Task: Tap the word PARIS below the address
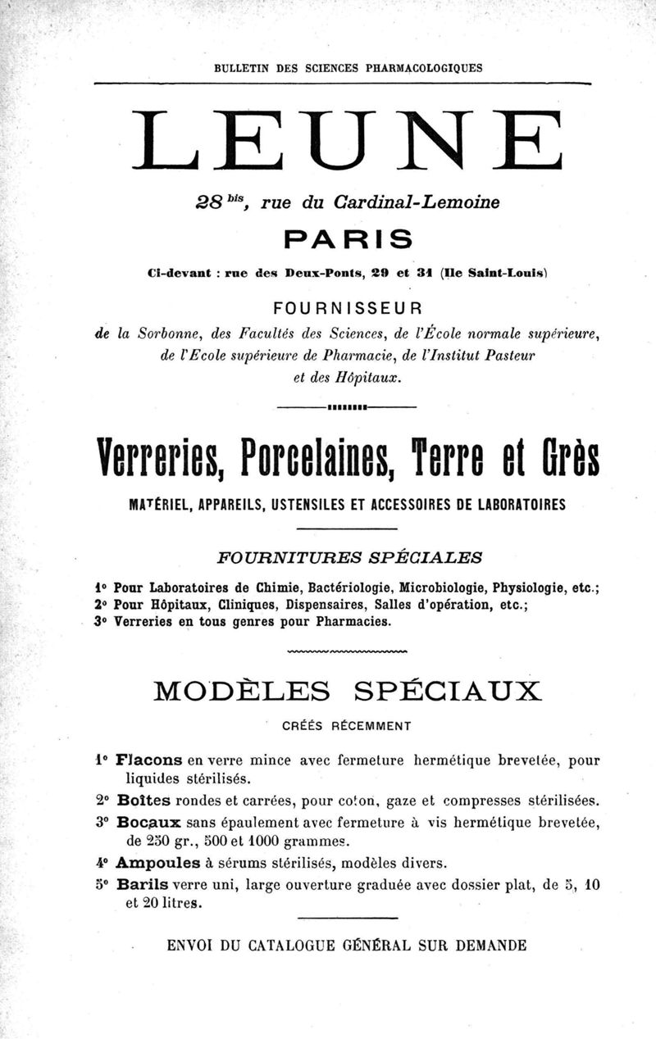point(348,240)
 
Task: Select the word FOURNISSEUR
point(348,309)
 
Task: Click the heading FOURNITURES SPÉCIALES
point(348,557)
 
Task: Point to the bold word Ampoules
point(158,862)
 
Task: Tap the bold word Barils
point(143,885)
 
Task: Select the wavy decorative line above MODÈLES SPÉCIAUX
point(348,652)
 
